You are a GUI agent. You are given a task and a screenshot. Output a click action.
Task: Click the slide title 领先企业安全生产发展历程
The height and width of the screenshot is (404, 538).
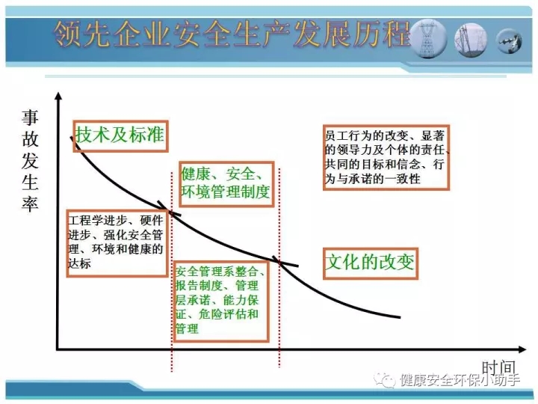point(232,34)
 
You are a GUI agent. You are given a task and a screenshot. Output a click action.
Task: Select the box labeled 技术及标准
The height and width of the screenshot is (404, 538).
point(120,136)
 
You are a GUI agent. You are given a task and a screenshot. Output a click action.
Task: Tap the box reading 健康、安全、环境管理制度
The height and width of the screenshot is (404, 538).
point(226,184)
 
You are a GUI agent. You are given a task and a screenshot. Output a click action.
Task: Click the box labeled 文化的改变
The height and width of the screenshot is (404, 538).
point(370,263)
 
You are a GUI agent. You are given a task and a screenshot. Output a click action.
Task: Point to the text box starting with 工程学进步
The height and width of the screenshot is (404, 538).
point(117,243)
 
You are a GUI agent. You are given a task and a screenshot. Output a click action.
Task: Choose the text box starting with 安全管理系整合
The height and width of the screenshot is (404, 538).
point(221,301)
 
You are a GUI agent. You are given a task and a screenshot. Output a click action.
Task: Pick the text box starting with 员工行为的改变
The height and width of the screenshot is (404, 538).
point(386,157)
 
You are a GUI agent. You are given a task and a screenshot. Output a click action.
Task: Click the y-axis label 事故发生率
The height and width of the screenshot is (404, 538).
point(30,160)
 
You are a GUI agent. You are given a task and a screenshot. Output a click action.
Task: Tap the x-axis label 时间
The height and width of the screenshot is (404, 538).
point(499,367)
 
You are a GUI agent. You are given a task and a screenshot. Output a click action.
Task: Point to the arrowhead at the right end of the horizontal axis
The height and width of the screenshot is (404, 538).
point(522,349)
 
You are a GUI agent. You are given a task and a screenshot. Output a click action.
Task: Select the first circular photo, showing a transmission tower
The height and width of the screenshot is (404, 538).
point(428,39)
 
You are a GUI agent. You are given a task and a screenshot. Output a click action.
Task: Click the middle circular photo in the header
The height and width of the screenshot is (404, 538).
point(471,40)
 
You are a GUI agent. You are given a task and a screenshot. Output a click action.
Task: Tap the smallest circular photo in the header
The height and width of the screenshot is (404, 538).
point(510,41)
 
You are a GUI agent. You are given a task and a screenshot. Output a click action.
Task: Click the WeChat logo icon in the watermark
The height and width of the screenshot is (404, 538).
point(385,380)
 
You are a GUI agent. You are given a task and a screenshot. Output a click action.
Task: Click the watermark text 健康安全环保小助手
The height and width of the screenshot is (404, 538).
point(460,380)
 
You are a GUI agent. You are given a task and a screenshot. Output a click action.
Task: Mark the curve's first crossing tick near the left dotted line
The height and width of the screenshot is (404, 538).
point(169,208)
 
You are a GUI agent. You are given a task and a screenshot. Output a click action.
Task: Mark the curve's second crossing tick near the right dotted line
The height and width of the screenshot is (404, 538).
point(285,261)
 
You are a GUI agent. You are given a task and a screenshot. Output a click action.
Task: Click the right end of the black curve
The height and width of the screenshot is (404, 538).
point(400,317)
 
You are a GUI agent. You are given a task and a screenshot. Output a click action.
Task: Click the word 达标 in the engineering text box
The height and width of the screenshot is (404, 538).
point(80,263)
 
